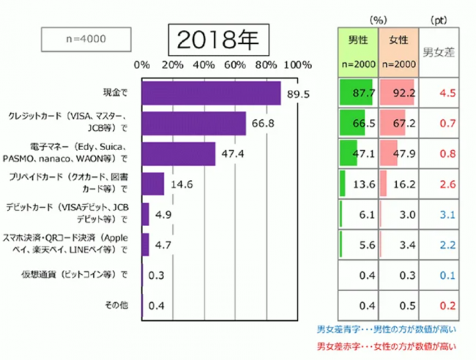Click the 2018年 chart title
[212, 40]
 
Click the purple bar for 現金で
[211, 93]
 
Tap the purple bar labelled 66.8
[193, 124]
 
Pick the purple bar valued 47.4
[179, 154]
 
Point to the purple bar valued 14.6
[152, 184]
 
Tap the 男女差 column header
[439, 52]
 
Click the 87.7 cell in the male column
[357, 93]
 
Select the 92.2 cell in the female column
[397, 93]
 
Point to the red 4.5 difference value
[438, 93]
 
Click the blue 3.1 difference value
[438, 214]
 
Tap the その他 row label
[116, 305]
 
